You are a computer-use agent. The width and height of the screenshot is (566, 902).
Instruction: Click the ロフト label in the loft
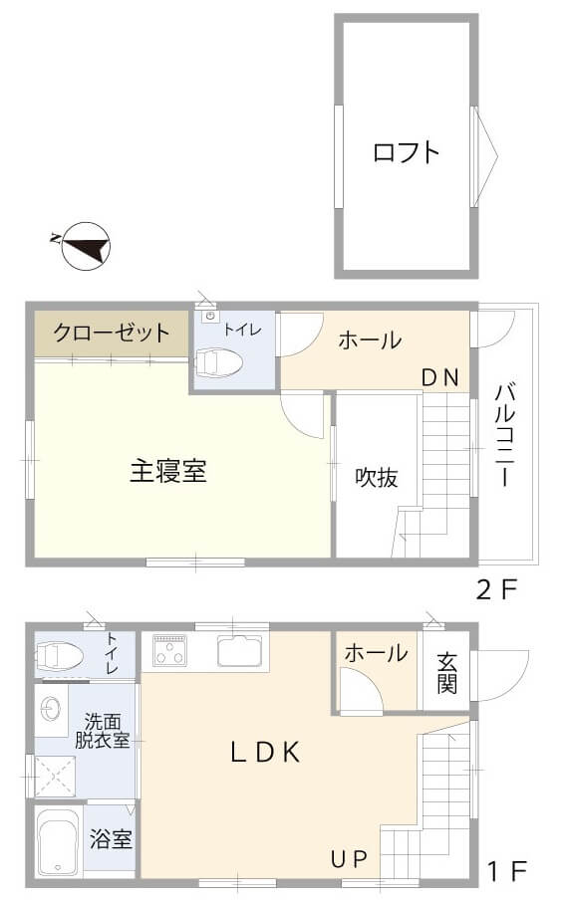(406, 152)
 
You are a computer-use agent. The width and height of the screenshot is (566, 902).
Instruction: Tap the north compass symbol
(84, 244)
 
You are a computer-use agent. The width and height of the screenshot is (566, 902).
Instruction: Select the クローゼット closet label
(112, 333)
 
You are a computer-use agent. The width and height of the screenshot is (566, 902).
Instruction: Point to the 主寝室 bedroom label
(168, 472)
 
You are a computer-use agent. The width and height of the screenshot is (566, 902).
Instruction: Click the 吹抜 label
(378, 478)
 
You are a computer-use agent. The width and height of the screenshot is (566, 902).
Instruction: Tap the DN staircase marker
(438, 377)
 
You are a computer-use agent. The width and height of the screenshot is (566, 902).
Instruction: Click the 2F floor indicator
(496, 590)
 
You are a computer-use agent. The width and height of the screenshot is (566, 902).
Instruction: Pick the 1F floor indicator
(506, 872)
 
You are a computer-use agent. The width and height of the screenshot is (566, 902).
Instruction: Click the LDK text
(265, 753)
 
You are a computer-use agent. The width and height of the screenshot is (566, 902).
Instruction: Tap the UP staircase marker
(350, 858)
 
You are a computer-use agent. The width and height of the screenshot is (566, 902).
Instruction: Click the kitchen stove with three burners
(175, 653)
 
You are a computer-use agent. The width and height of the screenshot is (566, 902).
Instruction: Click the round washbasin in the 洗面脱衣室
(52, 708)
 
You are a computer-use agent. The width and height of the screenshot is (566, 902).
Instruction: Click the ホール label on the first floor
(376, 654)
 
